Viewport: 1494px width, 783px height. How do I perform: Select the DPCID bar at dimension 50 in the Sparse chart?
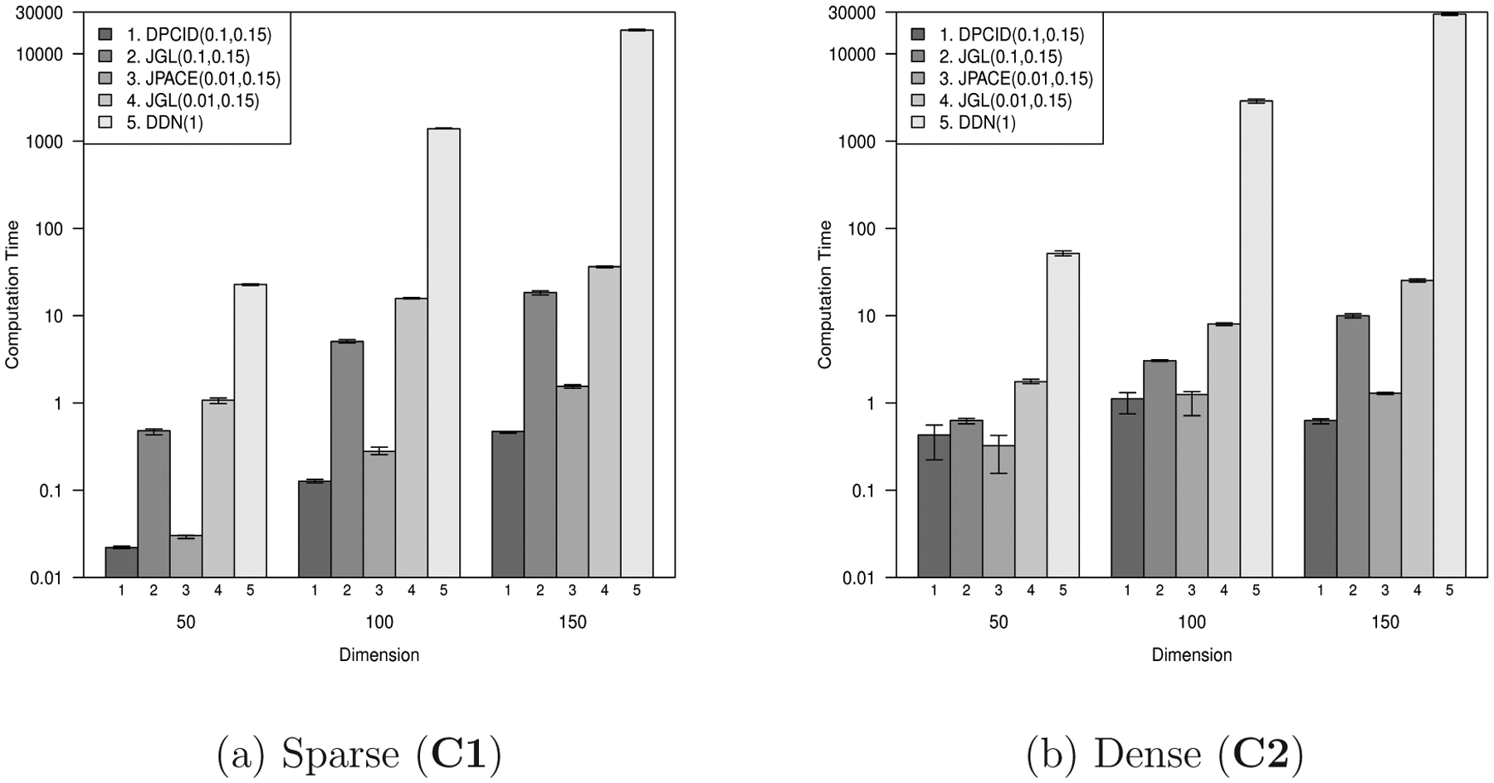[x=121, y=562]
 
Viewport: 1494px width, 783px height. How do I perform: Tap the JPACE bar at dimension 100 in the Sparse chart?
[x=379, y=514]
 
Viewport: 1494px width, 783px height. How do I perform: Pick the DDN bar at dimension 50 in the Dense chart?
[x=1062, y=415]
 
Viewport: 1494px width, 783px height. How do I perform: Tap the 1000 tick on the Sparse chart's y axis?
[x=51, y=142]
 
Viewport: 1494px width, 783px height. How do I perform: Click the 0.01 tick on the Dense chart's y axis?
[x=864, y=578]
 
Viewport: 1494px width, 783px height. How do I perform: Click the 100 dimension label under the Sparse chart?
[x=379, y=622]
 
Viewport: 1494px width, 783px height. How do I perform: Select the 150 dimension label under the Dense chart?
[x=1384, y=622]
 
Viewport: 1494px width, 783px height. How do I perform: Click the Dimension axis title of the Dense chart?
[x=1191, y=655]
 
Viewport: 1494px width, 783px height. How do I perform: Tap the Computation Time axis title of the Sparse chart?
[x=12, y=294]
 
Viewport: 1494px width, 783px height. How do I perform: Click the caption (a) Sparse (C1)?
[x=359, y=755]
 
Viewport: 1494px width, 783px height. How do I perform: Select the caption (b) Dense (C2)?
[x=1165, y=755]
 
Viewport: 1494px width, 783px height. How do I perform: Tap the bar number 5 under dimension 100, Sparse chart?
[x=443, y=591]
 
